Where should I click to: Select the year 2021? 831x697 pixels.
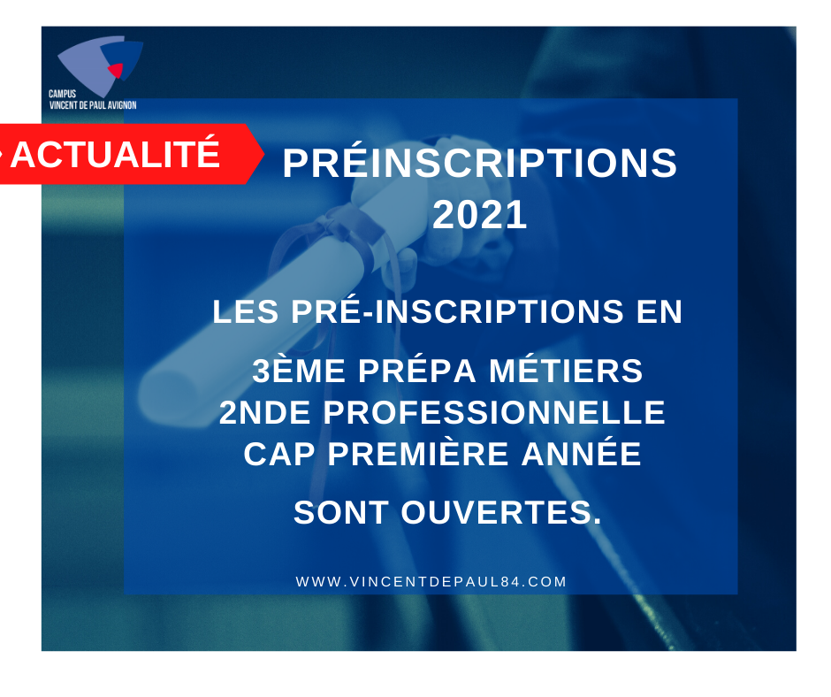pyautogui.click(x=480, y=215)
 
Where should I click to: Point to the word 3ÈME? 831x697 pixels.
pyautogui.click(x=299, y=371)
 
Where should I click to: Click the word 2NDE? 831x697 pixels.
pyautogui.click(x=264, y=413)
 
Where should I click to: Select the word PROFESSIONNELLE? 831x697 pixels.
pyautogui.click(x=494, y=413)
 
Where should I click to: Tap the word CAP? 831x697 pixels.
pyautogui.click(x=279, y=454)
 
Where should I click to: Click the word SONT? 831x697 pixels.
pyautogui.click(x=340, y=513)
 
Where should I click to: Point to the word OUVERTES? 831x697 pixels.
pyautogui.click(x=501, y=513)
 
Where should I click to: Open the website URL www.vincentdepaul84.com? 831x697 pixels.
pyautogui.click(x=431, y=582)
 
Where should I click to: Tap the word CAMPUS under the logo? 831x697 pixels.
pyautogui.click(x=63, y=94)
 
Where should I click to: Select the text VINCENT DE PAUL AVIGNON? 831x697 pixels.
pyautogui.click(x=93, y=105)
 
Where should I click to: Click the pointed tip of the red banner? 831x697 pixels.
pyautogui.click(x=264, y=154)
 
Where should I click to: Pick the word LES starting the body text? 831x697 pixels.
pyautogui.click(x=246, y=311)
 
